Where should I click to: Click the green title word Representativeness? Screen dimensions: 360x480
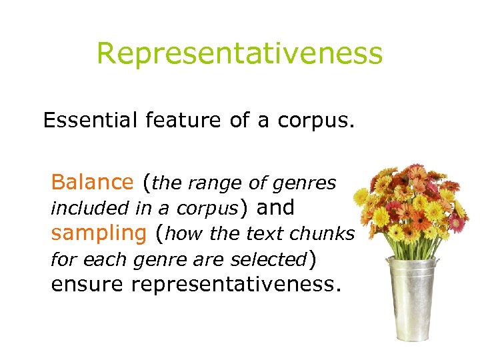coord(239,53)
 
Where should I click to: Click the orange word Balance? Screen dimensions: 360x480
coord(92,181)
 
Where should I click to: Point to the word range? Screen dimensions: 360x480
coord(217,182)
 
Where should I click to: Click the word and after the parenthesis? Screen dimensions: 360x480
coord(275,207)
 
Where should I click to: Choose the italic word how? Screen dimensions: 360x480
coord(184,234)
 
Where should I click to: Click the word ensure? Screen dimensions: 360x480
coord(87,284)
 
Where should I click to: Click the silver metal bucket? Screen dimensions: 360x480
coord(408,300)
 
